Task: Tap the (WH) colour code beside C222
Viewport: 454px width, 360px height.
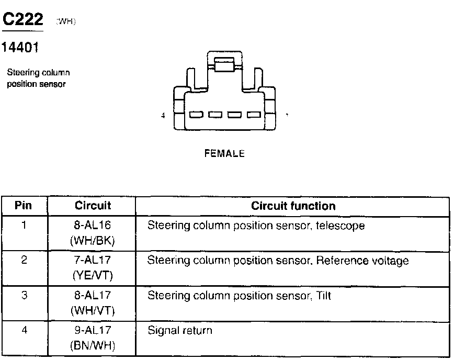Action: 65,22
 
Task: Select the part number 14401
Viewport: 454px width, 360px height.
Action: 20,48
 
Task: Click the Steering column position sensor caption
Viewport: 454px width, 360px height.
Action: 38,78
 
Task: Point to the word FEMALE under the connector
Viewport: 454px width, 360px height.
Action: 224,154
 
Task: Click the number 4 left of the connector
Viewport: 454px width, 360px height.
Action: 164,116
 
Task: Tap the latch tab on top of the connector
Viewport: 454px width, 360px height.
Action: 225,66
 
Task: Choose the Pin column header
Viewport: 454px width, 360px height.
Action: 24,206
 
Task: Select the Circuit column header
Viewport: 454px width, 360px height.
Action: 93,206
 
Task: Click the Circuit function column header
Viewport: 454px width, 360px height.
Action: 293,206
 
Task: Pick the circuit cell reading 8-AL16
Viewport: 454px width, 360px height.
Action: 93,226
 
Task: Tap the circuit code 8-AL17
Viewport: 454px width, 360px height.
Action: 93,296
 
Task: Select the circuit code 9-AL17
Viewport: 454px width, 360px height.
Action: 93,330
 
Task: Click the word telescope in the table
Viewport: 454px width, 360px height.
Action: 340,226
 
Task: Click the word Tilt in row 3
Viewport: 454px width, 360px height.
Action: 324,296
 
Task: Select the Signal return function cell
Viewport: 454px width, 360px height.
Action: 180,330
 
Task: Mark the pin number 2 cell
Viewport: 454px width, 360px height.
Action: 24,261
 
